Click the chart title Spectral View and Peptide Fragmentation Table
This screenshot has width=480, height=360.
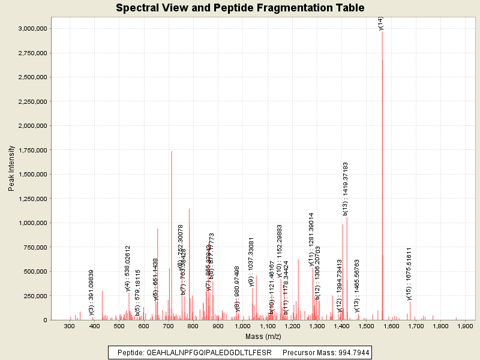[240, 8]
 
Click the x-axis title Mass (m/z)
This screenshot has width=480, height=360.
[263, 337]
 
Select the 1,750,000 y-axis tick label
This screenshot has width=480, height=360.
[34, 150]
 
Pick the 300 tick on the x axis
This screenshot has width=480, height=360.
[70, 326]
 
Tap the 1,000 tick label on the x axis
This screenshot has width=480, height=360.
[243, 326]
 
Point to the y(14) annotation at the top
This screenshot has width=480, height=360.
[380, 23]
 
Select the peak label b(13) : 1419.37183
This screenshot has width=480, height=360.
[345, 188]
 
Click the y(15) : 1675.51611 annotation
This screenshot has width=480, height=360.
[409, 274]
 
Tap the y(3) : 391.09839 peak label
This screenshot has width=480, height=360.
[92, 292]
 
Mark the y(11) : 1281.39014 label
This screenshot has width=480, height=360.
[311, 239]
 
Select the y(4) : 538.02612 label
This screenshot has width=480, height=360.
[127, 268]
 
